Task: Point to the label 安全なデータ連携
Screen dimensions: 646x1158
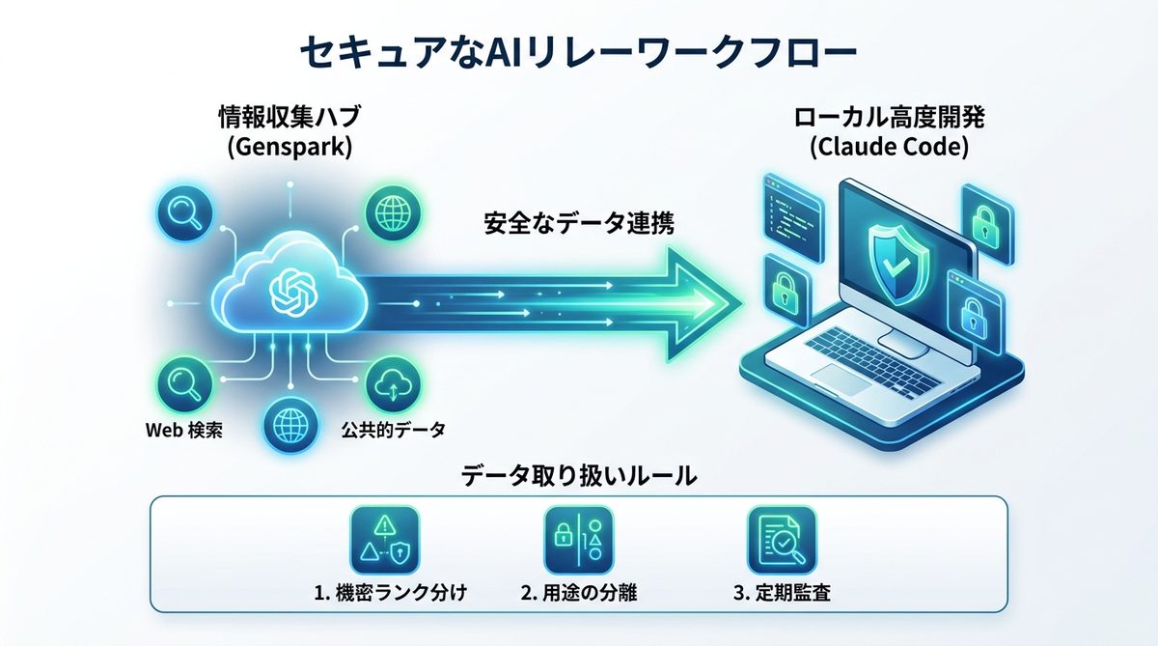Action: (578, 224)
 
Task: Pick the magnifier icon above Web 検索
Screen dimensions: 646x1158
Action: (181, 380)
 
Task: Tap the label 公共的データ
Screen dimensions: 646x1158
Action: (394, 430)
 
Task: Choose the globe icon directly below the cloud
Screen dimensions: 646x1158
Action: (289, 422)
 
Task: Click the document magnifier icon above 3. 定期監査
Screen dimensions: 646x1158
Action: (775, 540)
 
